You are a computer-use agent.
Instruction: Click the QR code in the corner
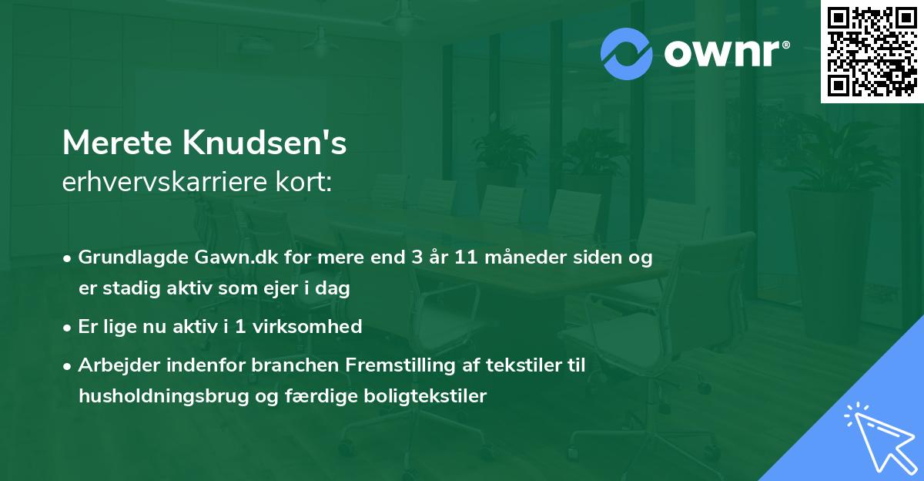point(872,52)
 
